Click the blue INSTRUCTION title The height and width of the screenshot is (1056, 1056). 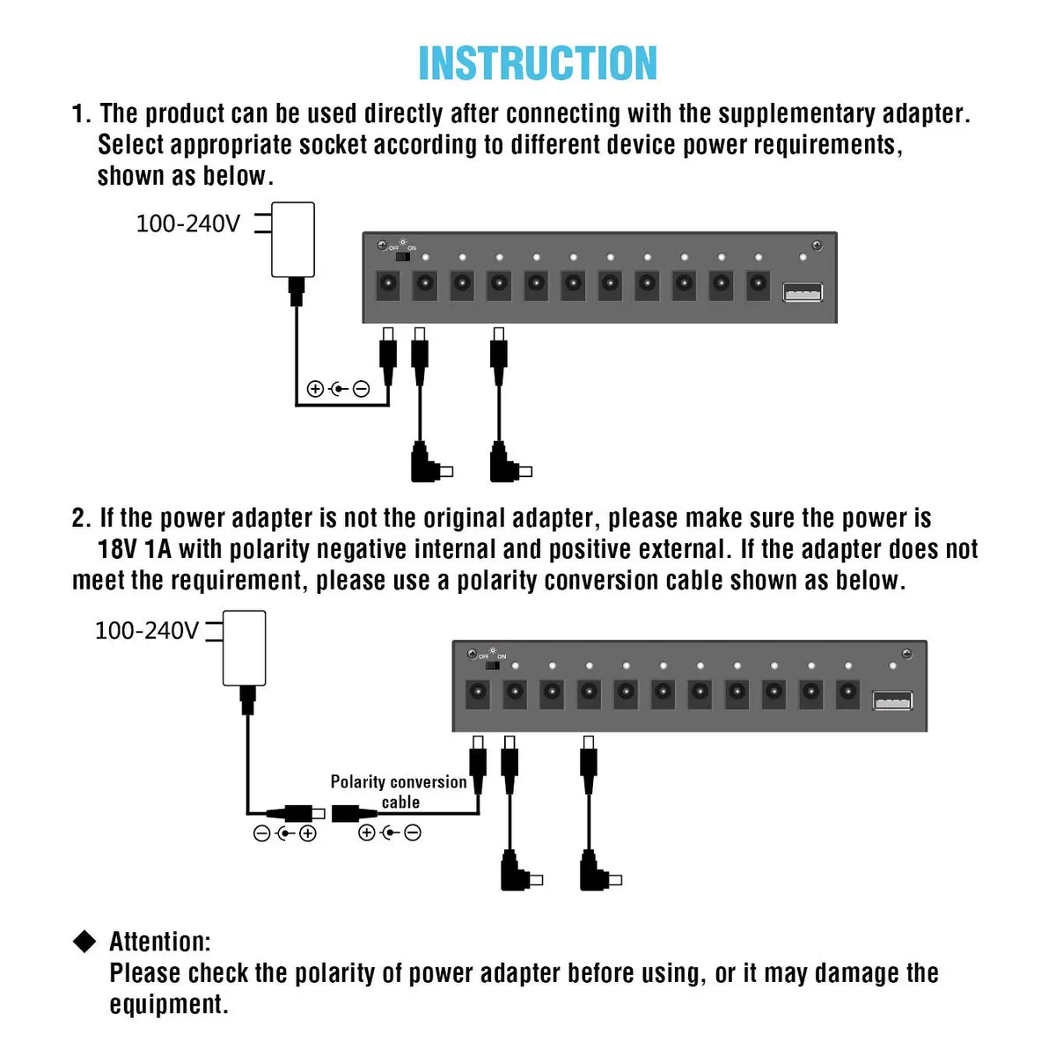tap(538, 63)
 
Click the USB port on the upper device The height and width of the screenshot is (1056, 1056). tap(803, 292)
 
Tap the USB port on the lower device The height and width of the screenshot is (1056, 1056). tap(892, 700)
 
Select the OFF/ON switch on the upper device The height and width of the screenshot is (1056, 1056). tap(402, 258)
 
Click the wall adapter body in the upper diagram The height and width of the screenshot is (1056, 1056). tap(293, 239)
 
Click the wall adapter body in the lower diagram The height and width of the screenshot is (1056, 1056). tap(245, 648)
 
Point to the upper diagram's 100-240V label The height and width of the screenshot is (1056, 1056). tap(187, 224)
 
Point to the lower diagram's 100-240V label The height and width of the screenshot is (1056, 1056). tap(146, 631)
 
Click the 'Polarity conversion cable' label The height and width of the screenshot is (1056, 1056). tap(399, 791)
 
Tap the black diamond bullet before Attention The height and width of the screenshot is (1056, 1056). tap(84, 942)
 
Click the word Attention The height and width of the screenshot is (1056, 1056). tap(159, 942)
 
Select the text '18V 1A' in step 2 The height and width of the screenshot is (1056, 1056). tap(134, 549)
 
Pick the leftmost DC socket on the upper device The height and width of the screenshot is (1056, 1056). tap(387, 285)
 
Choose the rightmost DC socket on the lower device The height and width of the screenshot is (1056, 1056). tap(847, 693)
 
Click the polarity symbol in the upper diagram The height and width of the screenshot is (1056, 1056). tap(338, 389)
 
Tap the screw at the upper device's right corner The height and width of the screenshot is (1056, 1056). tap(817, 245)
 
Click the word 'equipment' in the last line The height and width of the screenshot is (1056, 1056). tap(167, 1004)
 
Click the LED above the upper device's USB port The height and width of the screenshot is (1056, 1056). tap(802, 257)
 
